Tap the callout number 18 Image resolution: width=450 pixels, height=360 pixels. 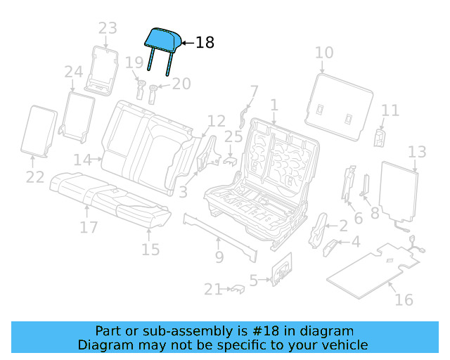(204, 43)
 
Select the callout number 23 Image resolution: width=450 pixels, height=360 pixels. (108, 29)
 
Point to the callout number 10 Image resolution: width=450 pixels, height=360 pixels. (323, 53)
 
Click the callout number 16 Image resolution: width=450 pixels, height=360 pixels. (404, 300)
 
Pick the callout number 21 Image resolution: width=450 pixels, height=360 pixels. (213, 289)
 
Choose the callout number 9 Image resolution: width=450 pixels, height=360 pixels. (219, 257)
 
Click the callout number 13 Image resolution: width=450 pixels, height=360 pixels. (417, 152)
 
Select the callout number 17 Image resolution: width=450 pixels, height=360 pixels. (88, 227)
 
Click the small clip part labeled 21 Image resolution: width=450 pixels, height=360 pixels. (237, 288)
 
